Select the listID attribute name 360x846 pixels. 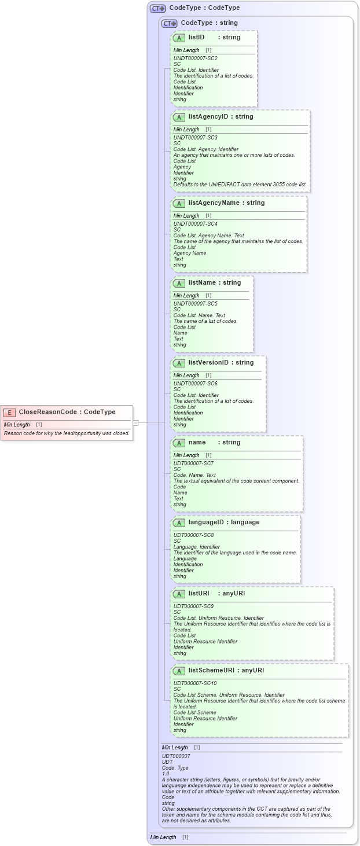coord(196,37)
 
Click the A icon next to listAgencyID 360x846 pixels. coord(179,117)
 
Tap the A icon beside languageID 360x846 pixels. coord(179,523)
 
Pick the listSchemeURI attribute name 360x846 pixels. coord(212,670)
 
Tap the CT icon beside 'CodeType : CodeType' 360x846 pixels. coord(157,9)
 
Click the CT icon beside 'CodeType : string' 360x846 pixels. coord(169,23)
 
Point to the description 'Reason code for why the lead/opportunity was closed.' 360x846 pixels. coord(67,433)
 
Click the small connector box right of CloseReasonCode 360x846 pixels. coord(136,422)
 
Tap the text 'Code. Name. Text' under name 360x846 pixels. coord(194,475)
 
